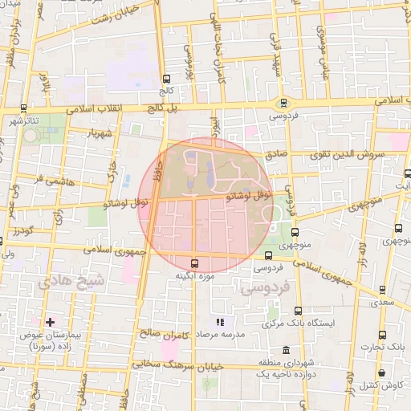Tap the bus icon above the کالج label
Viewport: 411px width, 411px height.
[x=166, y=79]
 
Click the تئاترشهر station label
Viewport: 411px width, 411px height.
[x=25, y=121]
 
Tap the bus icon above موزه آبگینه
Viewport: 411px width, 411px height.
[x=194, y=263]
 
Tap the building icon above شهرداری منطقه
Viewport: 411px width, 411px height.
[x=287, y=350]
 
